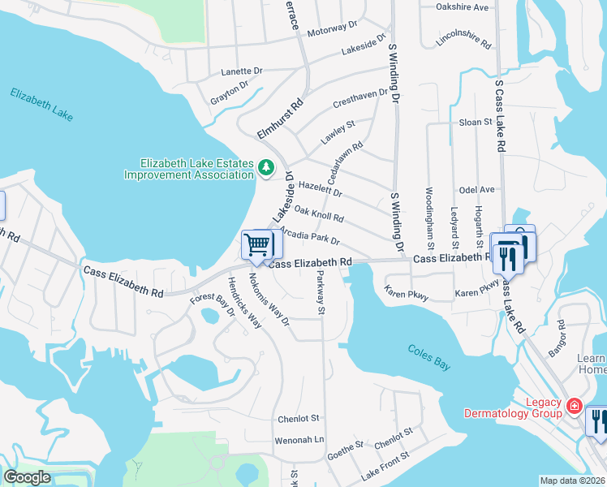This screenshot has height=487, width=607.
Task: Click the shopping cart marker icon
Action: pyautogui.click(x=257, y=243)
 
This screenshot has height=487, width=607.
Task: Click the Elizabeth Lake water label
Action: pyautogui.click(x=41, y=105)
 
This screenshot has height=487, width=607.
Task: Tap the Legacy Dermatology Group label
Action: pyautogui.click(x=512, y=407)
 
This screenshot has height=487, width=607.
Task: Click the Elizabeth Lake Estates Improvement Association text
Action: pyautogui.click(x=186, y=169)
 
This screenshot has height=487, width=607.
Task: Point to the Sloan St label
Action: pyautogui.click(x=476, y=122)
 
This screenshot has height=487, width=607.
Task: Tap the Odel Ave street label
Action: pyautogui.click(x=476, y=189)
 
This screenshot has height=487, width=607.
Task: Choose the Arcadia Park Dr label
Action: pyautogui.click(x=309, y=236)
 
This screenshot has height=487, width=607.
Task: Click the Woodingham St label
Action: pyautogui.click(x=429, y=218)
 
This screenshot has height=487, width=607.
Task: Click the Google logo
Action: pyautogui.click(x=27, y=477)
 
